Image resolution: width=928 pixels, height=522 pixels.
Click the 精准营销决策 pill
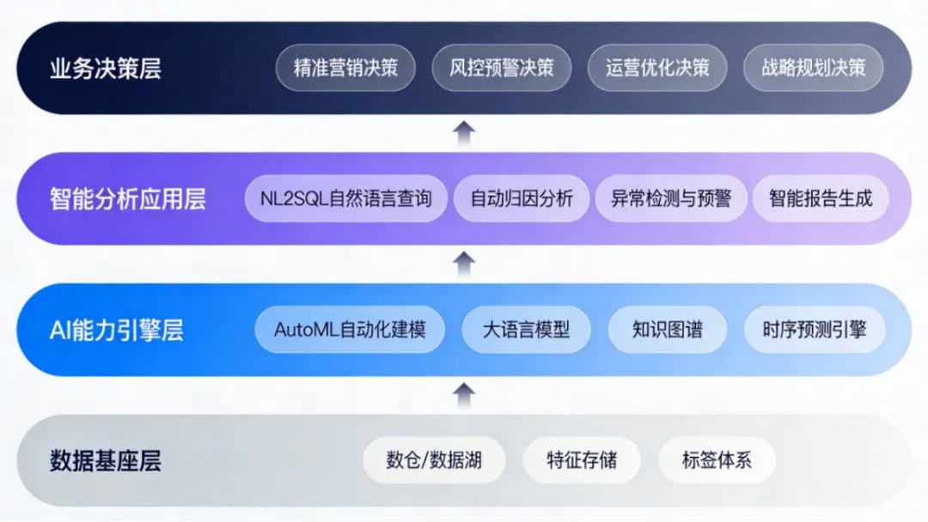(345, 68)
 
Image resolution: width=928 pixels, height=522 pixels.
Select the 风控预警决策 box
(501, 68)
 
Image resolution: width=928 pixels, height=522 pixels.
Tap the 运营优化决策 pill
(657, 68)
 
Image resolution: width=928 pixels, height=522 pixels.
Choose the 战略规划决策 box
(813, 68)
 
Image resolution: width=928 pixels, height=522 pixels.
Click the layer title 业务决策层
(106, 69)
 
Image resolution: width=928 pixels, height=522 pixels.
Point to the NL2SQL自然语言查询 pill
(346, 198)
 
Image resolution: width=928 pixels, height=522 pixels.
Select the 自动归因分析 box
(522, 198)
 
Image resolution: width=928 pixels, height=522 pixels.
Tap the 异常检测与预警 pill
(671, 198)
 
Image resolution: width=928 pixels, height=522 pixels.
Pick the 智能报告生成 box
(821, 198)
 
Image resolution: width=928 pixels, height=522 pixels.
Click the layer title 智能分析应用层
(128, 199)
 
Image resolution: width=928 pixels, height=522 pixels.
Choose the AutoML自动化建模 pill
(350, 330)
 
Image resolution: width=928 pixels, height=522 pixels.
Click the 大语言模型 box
(526, 330)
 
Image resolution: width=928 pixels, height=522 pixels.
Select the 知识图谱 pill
(668, 330)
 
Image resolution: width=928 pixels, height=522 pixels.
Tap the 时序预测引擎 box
(815, 330)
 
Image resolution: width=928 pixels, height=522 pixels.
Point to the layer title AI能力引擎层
(117, 331)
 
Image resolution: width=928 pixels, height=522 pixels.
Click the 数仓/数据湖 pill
(434, 460)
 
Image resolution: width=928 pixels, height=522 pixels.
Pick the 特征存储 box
(582, 460)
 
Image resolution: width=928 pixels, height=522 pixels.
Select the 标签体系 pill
(717, 460)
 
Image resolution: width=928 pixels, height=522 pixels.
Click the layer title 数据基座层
(106, 461)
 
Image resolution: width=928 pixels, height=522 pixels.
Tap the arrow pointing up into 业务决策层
(464, 134)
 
